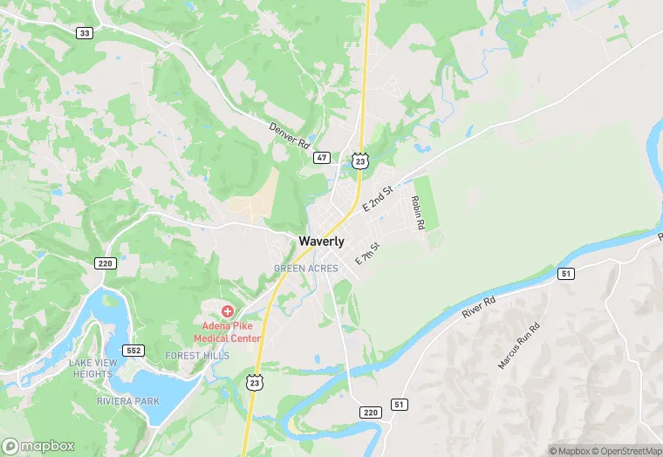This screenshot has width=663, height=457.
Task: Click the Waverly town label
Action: point(321,242)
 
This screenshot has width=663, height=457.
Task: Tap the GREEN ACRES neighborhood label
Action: point(305,269)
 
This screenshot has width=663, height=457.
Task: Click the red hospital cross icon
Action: point(228,310)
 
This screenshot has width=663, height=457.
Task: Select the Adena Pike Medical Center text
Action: point(226,331)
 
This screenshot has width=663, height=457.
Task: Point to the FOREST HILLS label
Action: point(197,356)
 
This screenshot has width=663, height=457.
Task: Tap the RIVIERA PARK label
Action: point(128,402)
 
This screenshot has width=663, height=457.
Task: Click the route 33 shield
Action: point(84,33)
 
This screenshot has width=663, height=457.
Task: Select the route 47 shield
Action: point(322,158)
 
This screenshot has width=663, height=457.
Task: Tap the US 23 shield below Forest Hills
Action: point(255,381)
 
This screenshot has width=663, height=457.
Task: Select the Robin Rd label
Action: point(418,212)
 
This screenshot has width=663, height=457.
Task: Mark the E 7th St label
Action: point(367,254)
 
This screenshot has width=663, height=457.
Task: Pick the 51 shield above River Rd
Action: point(566,274)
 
